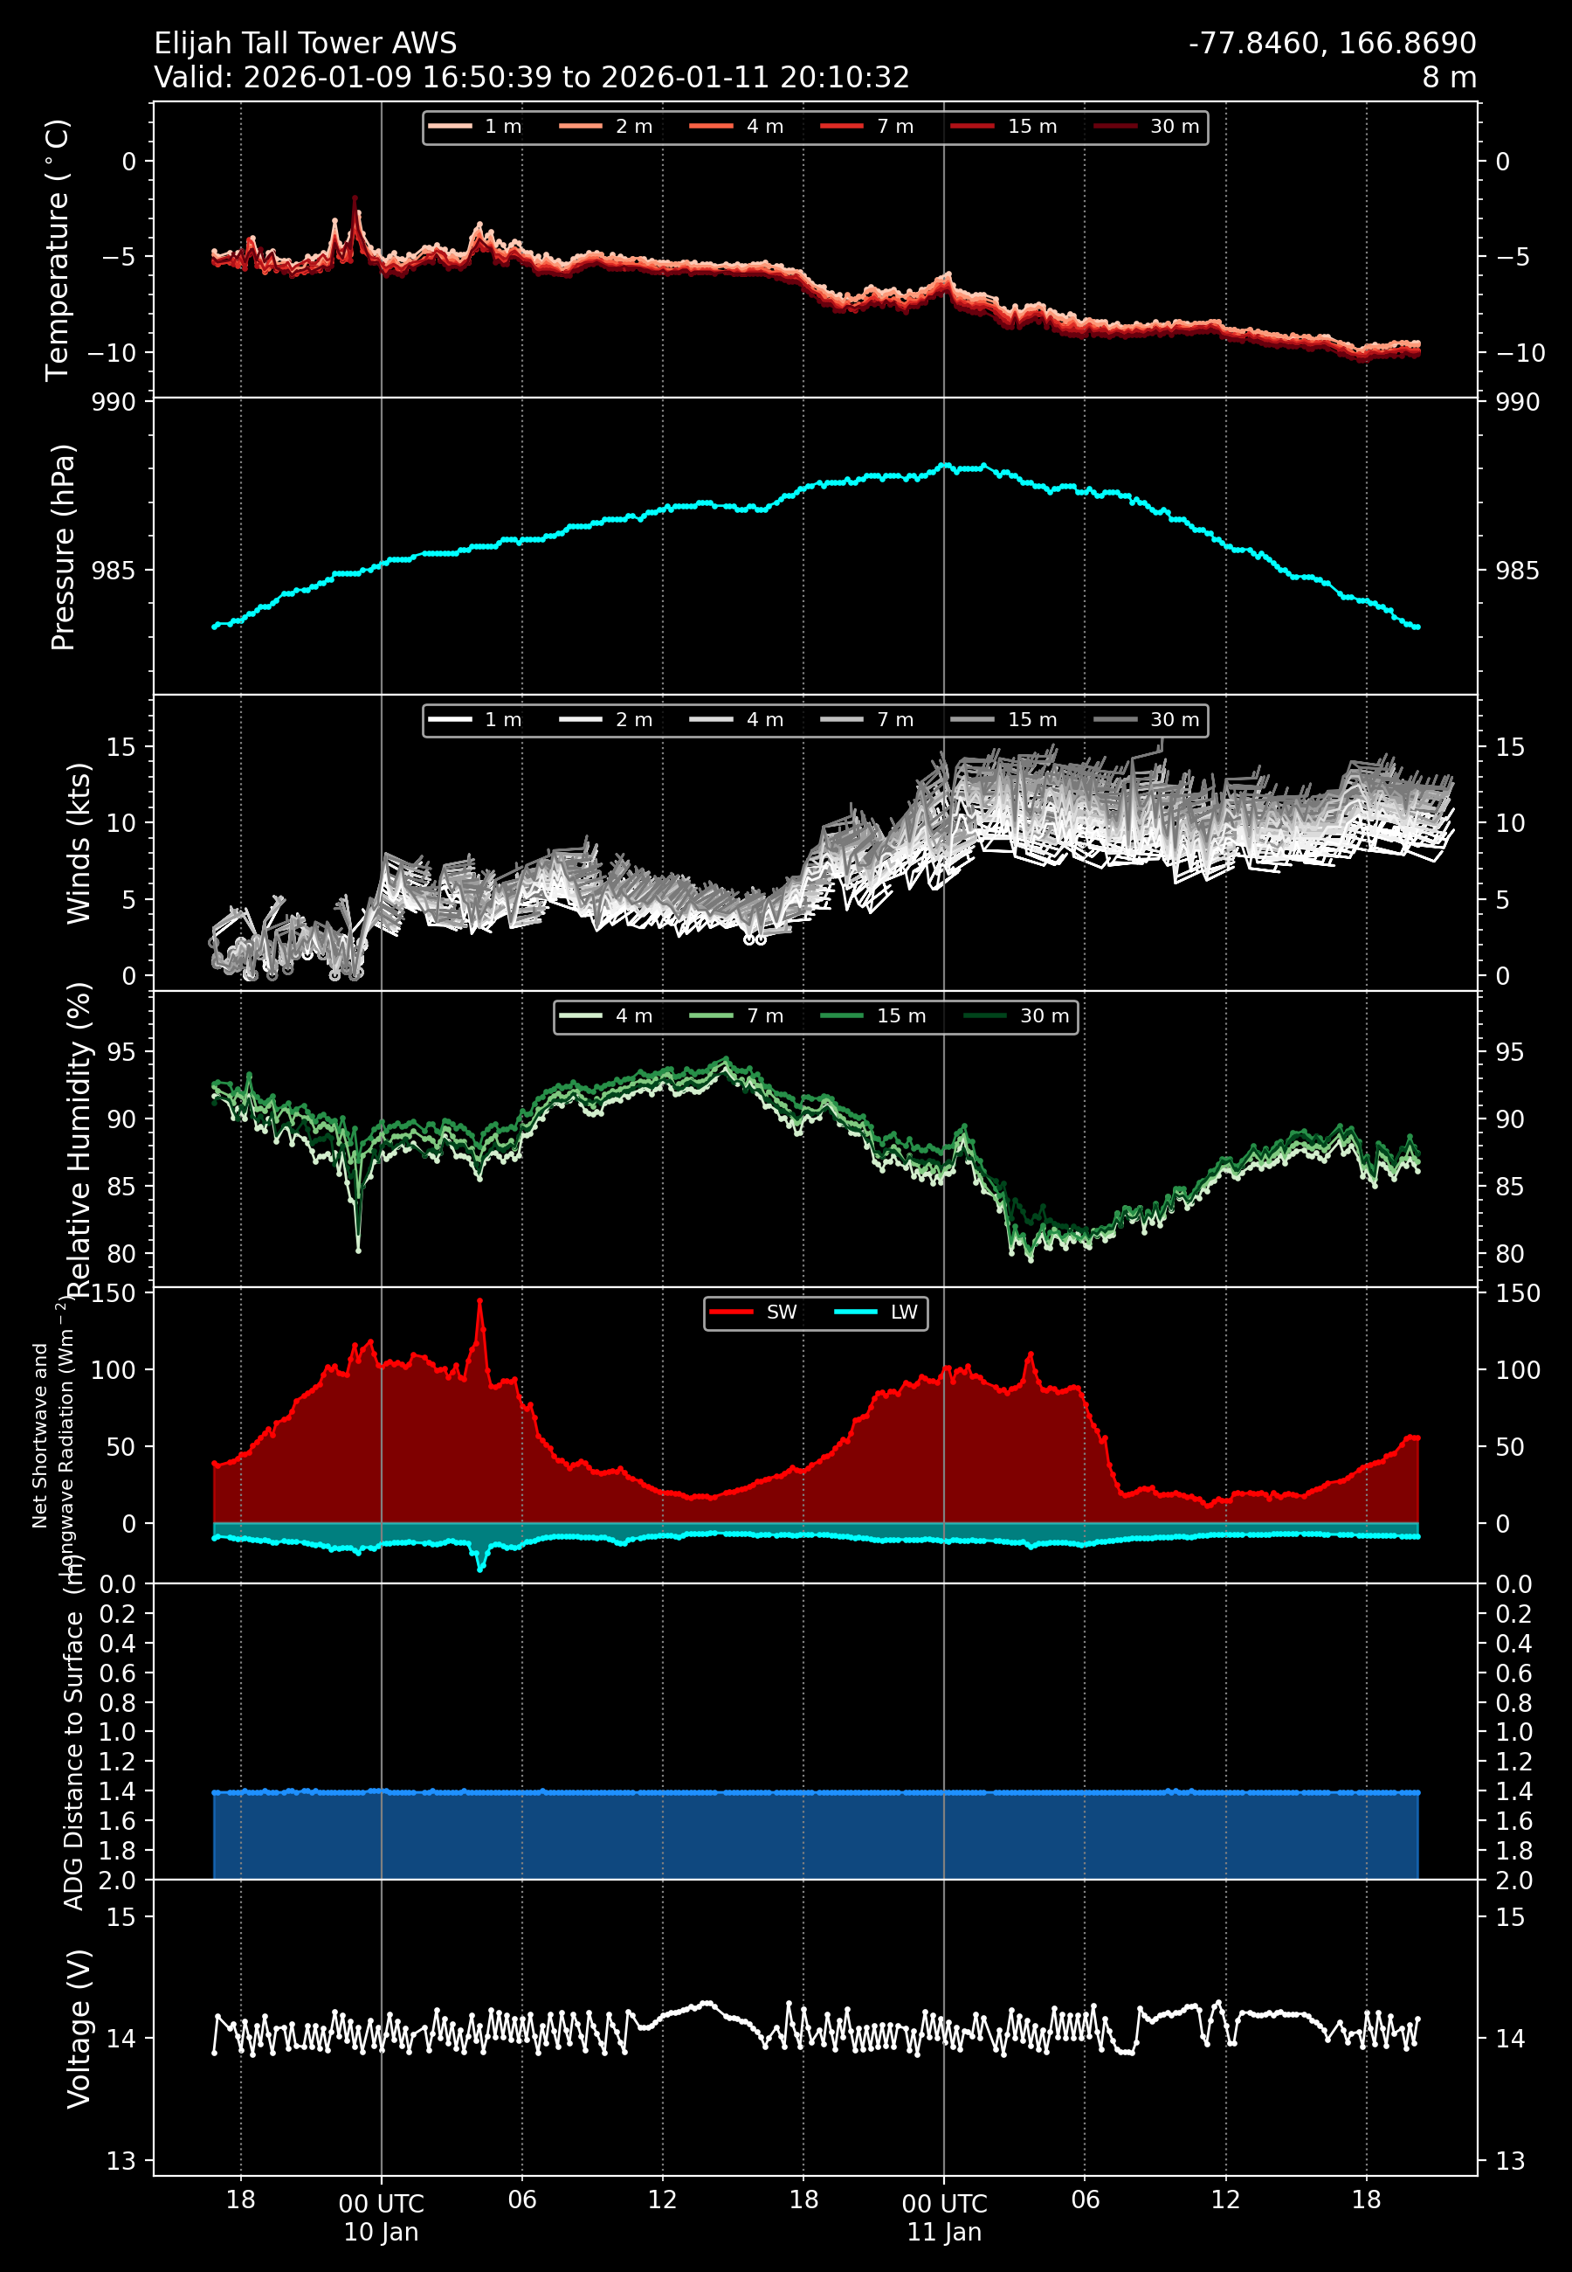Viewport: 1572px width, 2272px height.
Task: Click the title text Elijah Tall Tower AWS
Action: (306, 44)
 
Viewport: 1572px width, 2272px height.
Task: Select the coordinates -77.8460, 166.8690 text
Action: (1332, 44)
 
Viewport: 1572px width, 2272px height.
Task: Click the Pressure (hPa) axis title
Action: (63, 547)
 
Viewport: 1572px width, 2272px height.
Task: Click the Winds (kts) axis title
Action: (79, 843)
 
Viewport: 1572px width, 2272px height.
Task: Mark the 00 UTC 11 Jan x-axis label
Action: (943, 2217)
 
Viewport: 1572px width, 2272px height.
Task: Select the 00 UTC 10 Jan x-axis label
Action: (381, 2217)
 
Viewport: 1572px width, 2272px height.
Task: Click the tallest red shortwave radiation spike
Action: (479, 1301)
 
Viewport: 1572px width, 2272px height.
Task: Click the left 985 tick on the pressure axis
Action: (114, 571)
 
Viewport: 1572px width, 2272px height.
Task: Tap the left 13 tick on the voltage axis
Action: (121, 2162)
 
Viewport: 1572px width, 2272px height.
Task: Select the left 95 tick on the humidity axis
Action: (121, 1052)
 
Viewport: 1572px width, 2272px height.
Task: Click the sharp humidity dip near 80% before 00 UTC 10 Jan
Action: (357, 1249)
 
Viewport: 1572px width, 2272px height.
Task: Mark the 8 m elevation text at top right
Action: (1449, 78)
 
